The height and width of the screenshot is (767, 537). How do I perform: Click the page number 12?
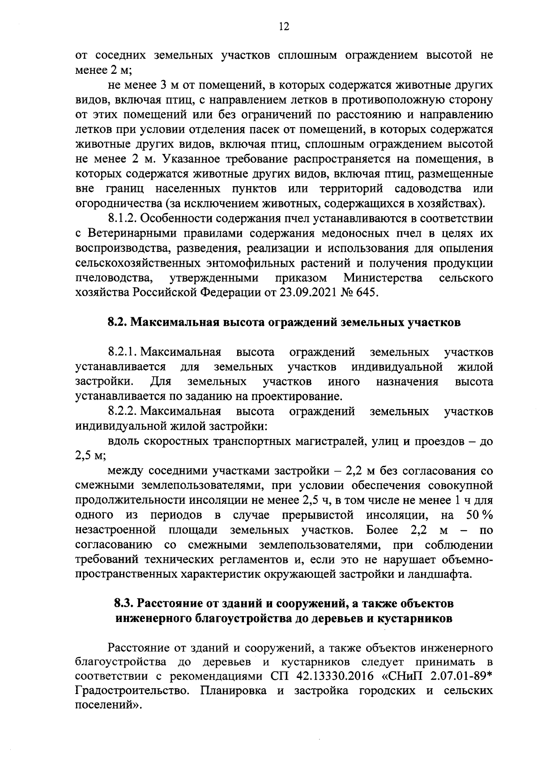[284, 26]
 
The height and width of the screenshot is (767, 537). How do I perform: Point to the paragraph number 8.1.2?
[123, 219]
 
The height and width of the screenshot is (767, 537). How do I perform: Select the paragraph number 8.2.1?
[123, 352]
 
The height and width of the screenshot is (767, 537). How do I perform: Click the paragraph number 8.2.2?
[123, 411]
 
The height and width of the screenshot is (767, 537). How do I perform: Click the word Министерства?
[383, 278]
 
